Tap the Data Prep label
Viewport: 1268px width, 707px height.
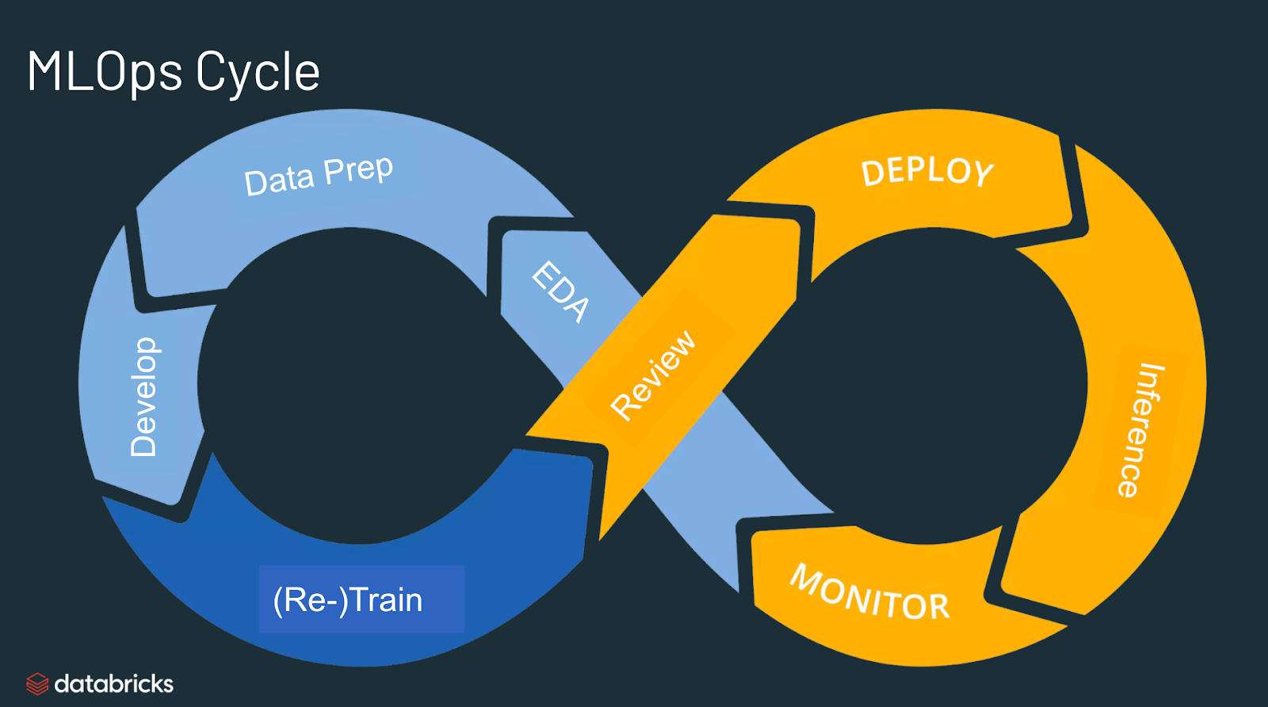319,176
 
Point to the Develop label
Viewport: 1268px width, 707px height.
143,397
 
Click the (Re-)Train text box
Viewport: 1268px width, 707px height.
361,599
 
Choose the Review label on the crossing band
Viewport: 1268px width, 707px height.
653,374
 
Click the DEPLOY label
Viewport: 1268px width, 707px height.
927,172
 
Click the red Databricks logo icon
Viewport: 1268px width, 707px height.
37,684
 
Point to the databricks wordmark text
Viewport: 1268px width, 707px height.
113,684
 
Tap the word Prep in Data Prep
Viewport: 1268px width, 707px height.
358,169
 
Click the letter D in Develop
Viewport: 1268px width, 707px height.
143,443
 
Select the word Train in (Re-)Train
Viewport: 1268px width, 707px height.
386,600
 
